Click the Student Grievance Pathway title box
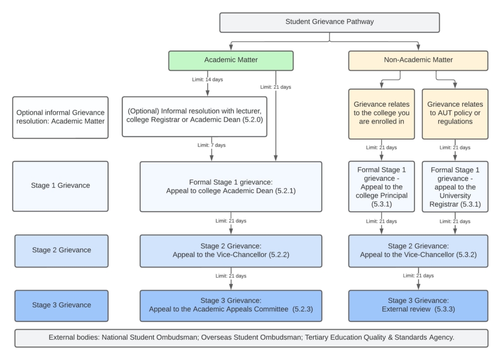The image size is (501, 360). click(329, 22)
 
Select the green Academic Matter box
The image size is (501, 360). click(231, 60)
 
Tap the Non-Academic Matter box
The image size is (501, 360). click(418, 60)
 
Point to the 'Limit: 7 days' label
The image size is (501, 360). click(212, 145)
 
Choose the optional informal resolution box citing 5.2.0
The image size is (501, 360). click(194, 116)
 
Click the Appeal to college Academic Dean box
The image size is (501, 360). click(230, 186)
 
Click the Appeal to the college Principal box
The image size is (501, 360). click(381, 187)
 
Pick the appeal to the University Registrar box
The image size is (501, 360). click(455, 187)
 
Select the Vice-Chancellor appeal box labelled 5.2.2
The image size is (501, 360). click(230, 250)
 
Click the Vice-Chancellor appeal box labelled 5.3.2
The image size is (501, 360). click(418, 250)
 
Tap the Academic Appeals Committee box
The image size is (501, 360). click(230, 305)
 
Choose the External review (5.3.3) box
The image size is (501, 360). click(418, 305)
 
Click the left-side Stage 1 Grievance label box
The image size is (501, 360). click(60, 186)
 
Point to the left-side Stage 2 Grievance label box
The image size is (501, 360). click(61, 250)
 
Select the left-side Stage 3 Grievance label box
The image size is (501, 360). click(61, 305)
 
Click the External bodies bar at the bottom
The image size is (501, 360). click(251, 337)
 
